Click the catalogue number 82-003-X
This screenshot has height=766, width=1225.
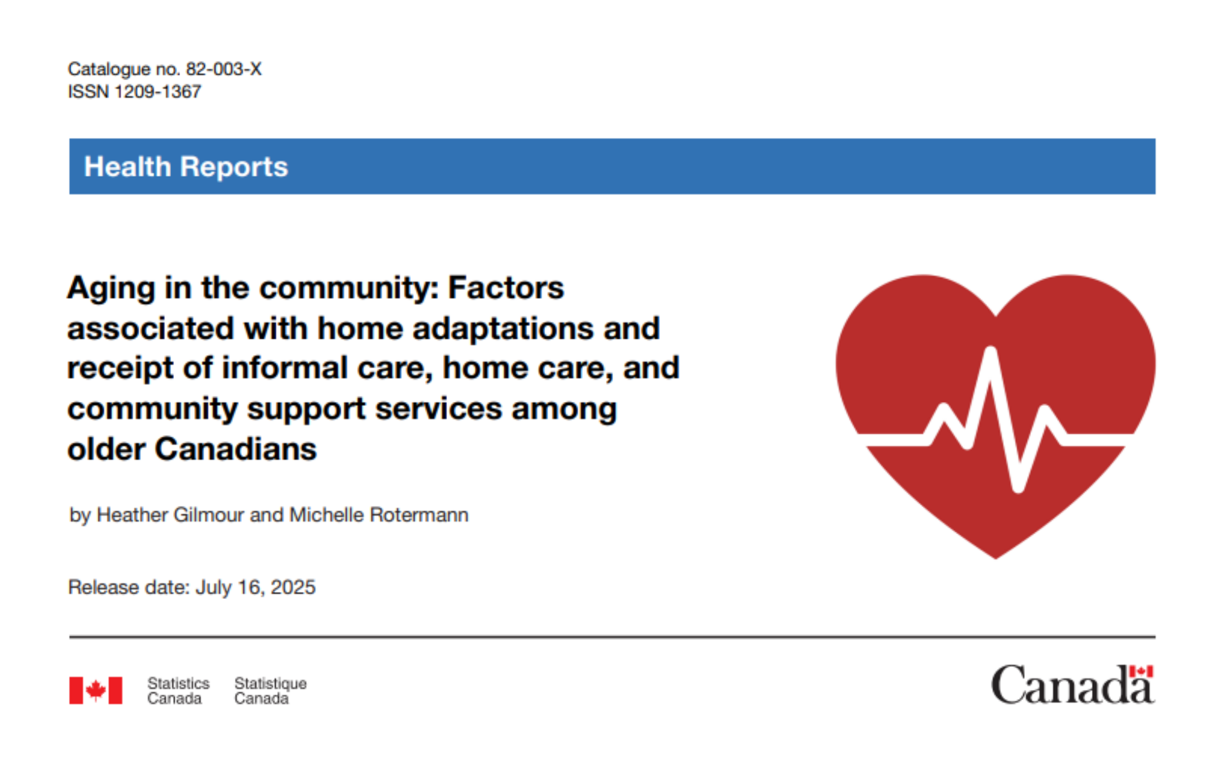[x=224, y=69]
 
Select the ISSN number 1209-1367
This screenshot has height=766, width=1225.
[x=158, y=92]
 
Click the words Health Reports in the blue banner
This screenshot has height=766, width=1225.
[x=186, y=166]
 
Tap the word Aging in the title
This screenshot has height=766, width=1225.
[x=111, y=289]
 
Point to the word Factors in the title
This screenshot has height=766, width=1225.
[x=506, y=288]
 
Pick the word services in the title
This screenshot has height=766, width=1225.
[x=438, y=409]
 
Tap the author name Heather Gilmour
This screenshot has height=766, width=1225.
[x=170, y=515]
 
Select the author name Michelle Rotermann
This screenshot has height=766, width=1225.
[x=379, y=515]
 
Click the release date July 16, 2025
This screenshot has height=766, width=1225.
[x=256, y=587]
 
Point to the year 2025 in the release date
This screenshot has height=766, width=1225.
[x=293, y=587]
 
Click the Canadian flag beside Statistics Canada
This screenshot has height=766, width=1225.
[x=96, y=690]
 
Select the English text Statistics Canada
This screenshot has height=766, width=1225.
[x=178, y=690]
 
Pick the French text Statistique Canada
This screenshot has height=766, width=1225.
[x=271, y=690]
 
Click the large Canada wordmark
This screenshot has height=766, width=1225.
[x=1072, y=685]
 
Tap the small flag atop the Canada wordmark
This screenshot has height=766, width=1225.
[x=1141, y=671]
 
